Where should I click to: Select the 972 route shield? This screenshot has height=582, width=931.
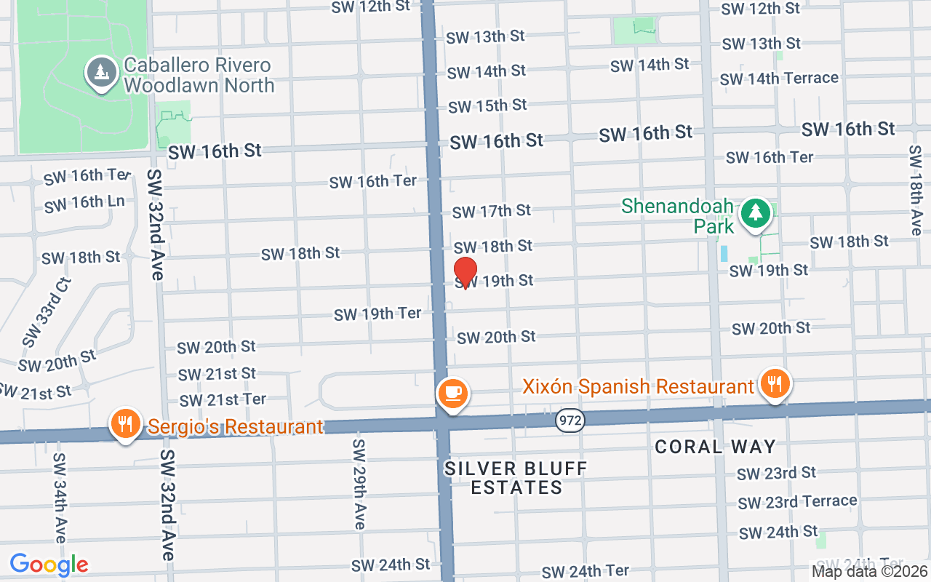pos(570,420)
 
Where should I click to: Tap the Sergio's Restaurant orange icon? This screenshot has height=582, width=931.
pos(125,423)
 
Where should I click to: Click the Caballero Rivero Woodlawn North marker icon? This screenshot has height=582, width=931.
pos(100,73)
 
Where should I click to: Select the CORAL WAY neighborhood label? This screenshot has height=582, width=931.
pos(716,447)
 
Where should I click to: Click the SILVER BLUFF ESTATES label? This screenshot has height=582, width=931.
pos(516,478)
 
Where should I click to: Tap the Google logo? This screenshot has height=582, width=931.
pos(49,565)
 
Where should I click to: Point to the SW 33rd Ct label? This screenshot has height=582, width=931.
pos(47,312)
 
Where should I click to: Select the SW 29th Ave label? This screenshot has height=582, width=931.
pos(359,484)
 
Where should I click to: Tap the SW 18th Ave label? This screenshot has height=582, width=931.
pos(915,189)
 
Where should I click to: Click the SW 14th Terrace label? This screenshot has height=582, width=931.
pos(779,78)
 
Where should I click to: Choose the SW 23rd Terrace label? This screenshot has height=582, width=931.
pos(797,502)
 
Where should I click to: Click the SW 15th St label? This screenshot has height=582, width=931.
pos(487,106)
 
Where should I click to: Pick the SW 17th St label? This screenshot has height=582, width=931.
pos(492,211)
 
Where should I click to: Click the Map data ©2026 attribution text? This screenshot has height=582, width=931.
pos(870,572)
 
